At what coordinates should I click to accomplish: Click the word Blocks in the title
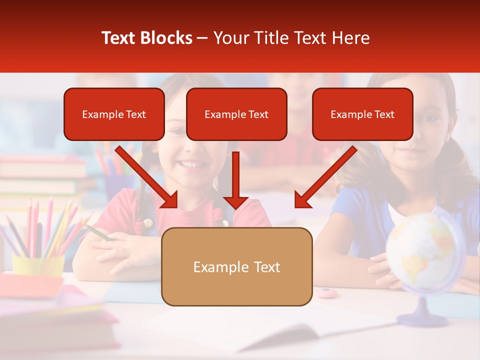[x=165, y=38]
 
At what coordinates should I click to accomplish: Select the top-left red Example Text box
[x=114, y=114]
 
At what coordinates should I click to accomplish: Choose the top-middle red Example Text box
[x=236, y=114]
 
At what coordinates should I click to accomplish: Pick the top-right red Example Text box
[x=362, y=114]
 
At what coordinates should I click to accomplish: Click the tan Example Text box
[x=236, y=266]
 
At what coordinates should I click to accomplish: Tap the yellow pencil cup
[x=37, y=265]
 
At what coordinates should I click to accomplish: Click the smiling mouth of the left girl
[x=192, y=163]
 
